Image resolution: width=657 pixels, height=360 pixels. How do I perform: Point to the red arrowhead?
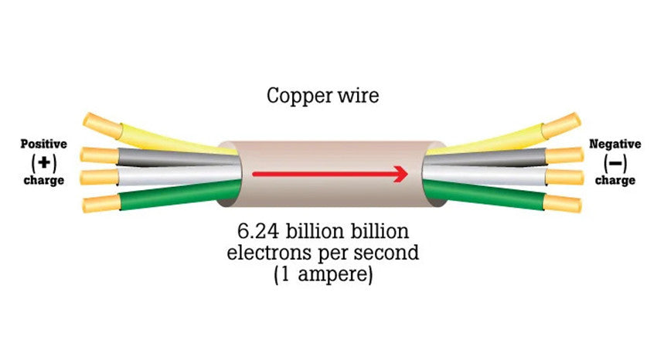[x=400, y=174]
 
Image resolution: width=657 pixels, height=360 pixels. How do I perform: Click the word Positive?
[x=43, y=144]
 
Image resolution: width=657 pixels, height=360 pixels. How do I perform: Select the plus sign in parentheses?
[x=43, y=162]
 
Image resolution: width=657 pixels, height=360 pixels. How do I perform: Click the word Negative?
[x=615, y=144]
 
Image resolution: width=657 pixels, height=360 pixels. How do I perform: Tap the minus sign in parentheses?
[x=615, y=162]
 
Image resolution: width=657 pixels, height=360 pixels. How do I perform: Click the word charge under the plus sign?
[x=43, y=180]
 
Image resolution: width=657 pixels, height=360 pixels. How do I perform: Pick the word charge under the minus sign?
[x=615, y=180]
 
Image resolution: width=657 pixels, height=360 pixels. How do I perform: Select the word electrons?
[x=268, y=253]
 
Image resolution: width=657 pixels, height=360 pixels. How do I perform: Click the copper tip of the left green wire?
[x=101, y=205]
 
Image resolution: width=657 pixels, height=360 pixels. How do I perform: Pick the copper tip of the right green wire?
[x=562, y=205]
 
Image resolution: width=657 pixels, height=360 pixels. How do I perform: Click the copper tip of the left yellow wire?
[x=100, y=121]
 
